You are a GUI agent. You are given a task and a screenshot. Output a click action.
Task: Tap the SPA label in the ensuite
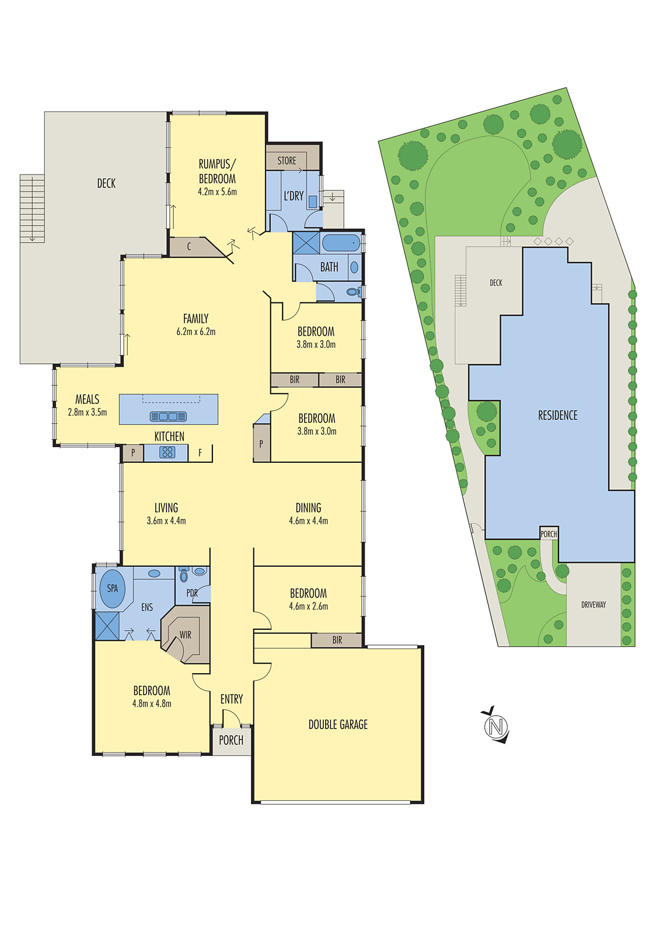(112, 588)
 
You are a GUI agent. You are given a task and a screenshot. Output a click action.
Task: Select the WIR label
(185, 635)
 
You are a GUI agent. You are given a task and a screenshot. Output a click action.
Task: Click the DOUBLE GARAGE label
(338, 724)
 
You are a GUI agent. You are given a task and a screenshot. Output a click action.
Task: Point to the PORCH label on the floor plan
(231, 740)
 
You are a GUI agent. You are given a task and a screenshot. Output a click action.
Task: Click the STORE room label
(287, 161)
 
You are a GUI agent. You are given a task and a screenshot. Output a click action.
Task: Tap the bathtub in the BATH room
(341, 242)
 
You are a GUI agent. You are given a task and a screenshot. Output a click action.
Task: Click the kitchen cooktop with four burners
(167, 452)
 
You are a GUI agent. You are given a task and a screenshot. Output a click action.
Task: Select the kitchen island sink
(168, 416)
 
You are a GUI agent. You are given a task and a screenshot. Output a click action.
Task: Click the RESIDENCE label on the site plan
(557, 415)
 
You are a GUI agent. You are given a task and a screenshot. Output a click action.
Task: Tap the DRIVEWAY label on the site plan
(593, 605)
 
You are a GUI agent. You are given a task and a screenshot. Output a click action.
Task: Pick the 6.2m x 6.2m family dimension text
(196, 332)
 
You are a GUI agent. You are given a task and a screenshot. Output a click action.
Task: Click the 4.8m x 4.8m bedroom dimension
(152, 703)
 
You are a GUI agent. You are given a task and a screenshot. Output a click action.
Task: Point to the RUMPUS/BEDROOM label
(217, 172)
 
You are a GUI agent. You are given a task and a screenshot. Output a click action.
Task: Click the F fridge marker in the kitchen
(200, 452)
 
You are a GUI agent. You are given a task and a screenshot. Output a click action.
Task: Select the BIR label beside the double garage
(337, 640)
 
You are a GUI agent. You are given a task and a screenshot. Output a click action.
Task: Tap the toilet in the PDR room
(184, 576)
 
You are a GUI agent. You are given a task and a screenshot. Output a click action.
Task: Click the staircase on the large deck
(32, 208)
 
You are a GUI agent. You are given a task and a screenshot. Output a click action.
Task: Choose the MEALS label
(87, 399)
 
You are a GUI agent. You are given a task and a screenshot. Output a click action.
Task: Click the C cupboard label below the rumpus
(189, 247)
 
